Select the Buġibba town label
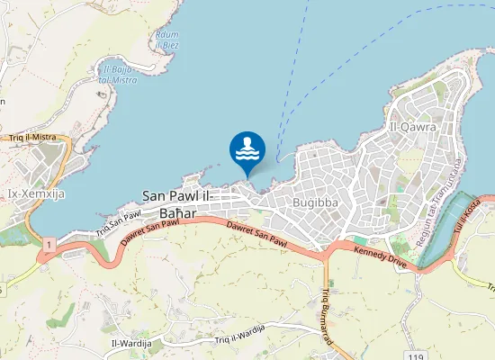316,202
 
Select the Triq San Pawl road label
119,222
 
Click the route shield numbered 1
48,244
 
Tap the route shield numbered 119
415,357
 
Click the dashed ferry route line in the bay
297,99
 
